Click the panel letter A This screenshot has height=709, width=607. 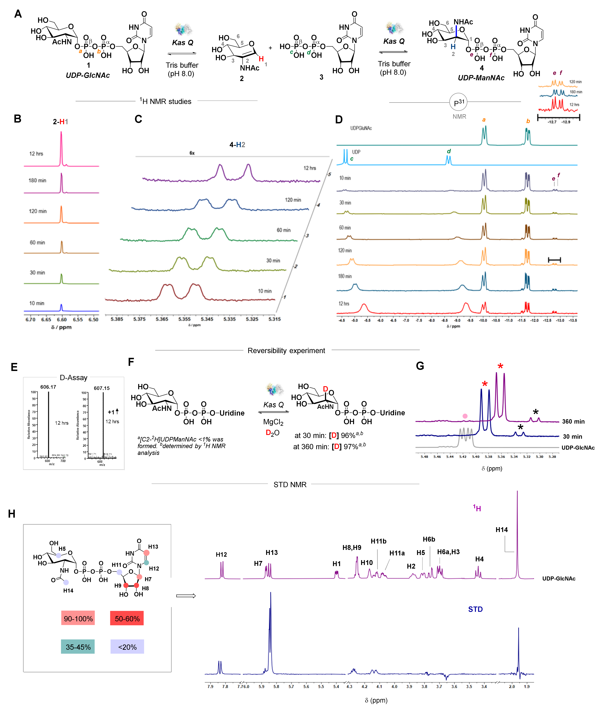(18, 14)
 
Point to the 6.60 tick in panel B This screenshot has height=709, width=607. (62, 320)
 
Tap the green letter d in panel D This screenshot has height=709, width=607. (449, 151)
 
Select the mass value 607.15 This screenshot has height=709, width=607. (102, 388)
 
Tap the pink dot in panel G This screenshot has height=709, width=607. (465, 416)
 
